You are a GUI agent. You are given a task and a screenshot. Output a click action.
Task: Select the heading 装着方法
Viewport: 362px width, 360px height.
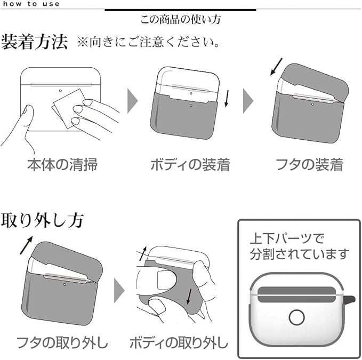pos(35,42)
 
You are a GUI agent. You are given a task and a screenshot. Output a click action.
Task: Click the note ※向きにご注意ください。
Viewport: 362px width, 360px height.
pos(149,42)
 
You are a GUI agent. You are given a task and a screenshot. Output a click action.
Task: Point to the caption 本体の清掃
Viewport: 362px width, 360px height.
pos(62,164)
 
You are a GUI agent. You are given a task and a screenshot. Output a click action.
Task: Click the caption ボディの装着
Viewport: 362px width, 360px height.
pos(190,164)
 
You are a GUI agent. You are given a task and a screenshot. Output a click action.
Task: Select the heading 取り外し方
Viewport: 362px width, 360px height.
pos(41,220)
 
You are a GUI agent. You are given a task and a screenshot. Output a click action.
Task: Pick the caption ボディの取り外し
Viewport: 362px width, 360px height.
pos(179,340)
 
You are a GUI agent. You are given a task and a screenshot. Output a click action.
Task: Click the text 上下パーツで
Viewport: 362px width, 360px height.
pos(287,238)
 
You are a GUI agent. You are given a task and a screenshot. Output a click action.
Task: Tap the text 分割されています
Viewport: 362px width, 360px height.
pos(300,253)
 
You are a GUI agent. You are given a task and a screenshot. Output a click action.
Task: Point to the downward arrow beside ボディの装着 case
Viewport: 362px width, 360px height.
pos(227,98)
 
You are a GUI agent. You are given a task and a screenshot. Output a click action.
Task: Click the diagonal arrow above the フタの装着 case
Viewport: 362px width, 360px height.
pos(276,67)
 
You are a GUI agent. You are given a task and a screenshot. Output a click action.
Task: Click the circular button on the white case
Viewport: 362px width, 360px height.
pos(296,317)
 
